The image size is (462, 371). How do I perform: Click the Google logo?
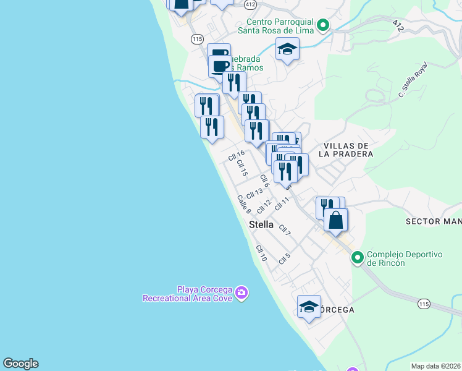coord(20,364)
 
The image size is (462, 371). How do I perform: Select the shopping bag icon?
coord(335,220)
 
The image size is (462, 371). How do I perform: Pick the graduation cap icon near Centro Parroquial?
coord(287,48)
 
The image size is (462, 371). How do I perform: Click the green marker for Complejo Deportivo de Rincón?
coord(358,258)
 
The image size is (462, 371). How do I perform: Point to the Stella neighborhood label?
coord(261,224)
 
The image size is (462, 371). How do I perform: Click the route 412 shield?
coord(250,4)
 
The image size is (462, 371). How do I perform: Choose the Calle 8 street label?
coord(243,204)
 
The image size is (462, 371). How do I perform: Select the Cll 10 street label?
coord(261,252)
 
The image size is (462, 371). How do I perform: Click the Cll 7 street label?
coord(285,230)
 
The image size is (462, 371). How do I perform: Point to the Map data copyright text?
coord(435,366)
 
